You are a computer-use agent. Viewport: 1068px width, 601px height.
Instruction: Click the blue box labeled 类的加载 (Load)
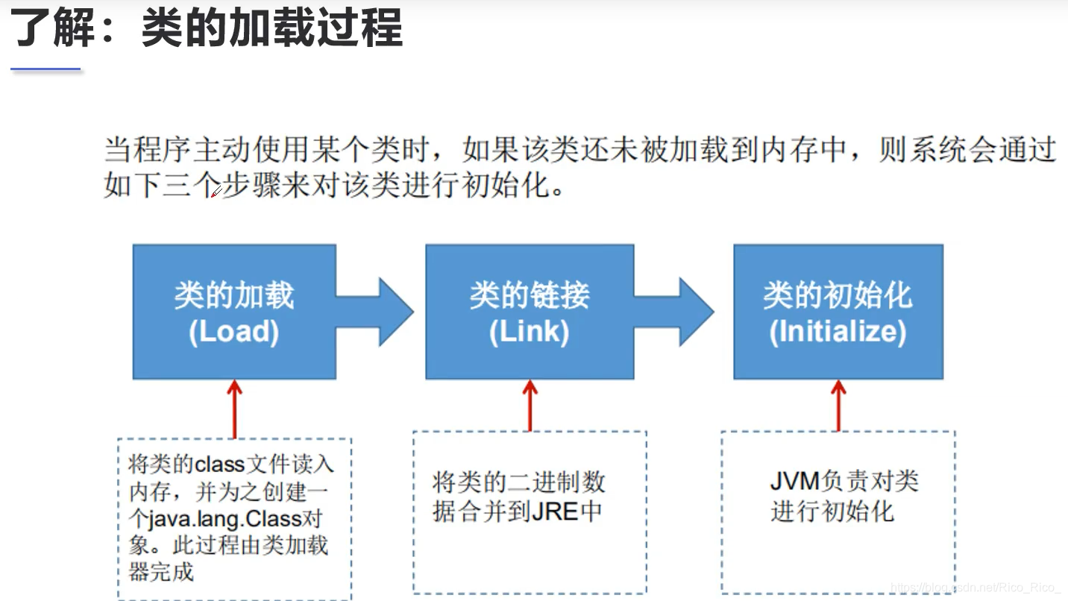(234, 312)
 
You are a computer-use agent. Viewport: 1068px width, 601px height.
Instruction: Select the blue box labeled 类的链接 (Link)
(530, 312)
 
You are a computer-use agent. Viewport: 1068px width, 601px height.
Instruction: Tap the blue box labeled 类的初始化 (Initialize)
(838, 312)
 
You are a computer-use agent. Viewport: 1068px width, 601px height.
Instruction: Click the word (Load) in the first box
(234, 332)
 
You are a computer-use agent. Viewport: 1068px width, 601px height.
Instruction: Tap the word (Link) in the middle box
(530, 332)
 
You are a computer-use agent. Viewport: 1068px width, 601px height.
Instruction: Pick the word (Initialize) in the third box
(838, 332)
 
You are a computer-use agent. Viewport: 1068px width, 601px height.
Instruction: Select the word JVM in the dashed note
(795, 481)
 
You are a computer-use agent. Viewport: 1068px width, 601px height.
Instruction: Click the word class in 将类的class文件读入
(220, 465)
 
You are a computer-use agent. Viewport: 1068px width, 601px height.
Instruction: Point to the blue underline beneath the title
(45, 69)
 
